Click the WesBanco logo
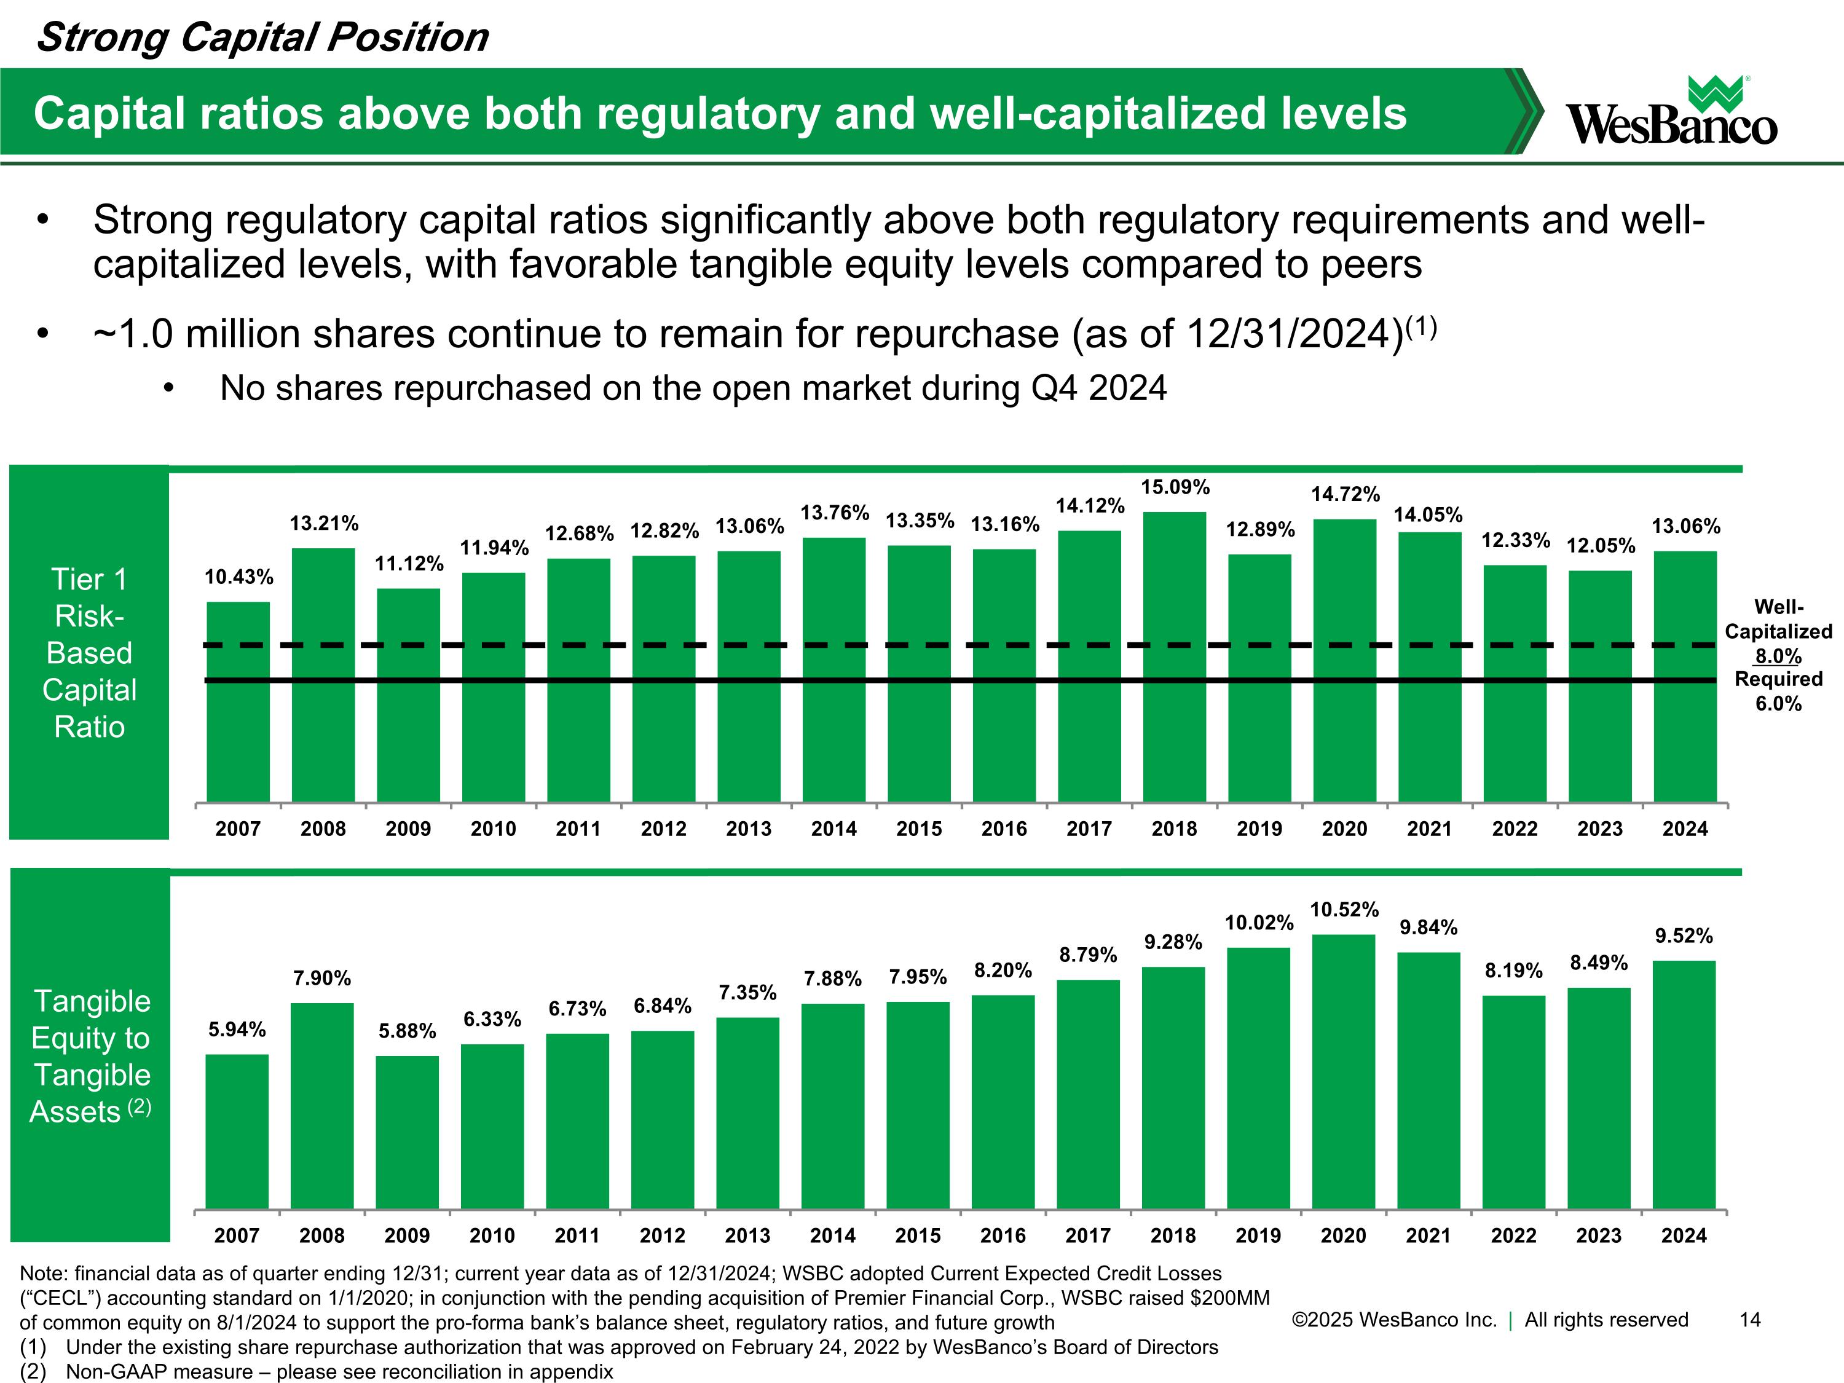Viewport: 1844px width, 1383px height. coord(1671,111)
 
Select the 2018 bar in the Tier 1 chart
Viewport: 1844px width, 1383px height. coord(1175,657)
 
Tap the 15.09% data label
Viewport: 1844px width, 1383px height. coord(1175,487)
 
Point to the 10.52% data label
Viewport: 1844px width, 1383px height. coord(1345,910)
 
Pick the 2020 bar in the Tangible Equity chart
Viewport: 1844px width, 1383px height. coord(1344,1071)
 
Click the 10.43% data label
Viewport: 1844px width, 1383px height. coord(239,577)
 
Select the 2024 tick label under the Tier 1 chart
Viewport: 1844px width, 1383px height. coord(1685,829)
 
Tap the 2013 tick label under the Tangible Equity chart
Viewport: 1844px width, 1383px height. coord(748,1235)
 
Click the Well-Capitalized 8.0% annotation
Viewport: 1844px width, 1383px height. coord(1778,631)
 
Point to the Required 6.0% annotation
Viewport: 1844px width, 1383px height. coord(1778,691)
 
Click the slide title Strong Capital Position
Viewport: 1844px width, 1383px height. coord(262,37)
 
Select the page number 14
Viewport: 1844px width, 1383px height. coord(1750,1320)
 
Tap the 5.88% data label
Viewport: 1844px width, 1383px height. coord(408,1031)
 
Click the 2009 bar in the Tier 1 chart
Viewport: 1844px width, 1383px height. coord(409,695)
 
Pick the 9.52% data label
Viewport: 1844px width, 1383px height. coord(1684,936)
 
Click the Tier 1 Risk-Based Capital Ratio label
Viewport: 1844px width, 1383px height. coord(89,653)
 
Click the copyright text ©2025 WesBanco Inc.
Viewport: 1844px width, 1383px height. coord(1394,1320)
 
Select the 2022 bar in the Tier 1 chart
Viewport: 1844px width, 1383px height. coord(1515,684)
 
